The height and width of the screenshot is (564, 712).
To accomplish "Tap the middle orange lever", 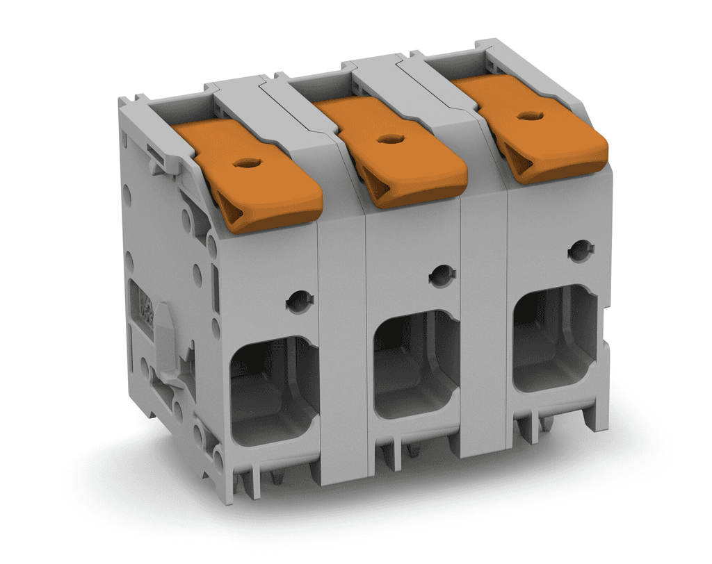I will pyautogui.click(x=393, y=149).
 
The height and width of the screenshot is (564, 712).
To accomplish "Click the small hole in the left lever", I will pyautogui.click(x=244, y=164).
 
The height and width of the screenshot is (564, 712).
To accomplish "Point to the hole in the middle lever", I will pyautogui.click(x=387, y=139).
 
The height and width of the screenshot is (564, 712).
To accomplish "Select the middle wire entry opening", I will pyautogui.click(x=416, y=364).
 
